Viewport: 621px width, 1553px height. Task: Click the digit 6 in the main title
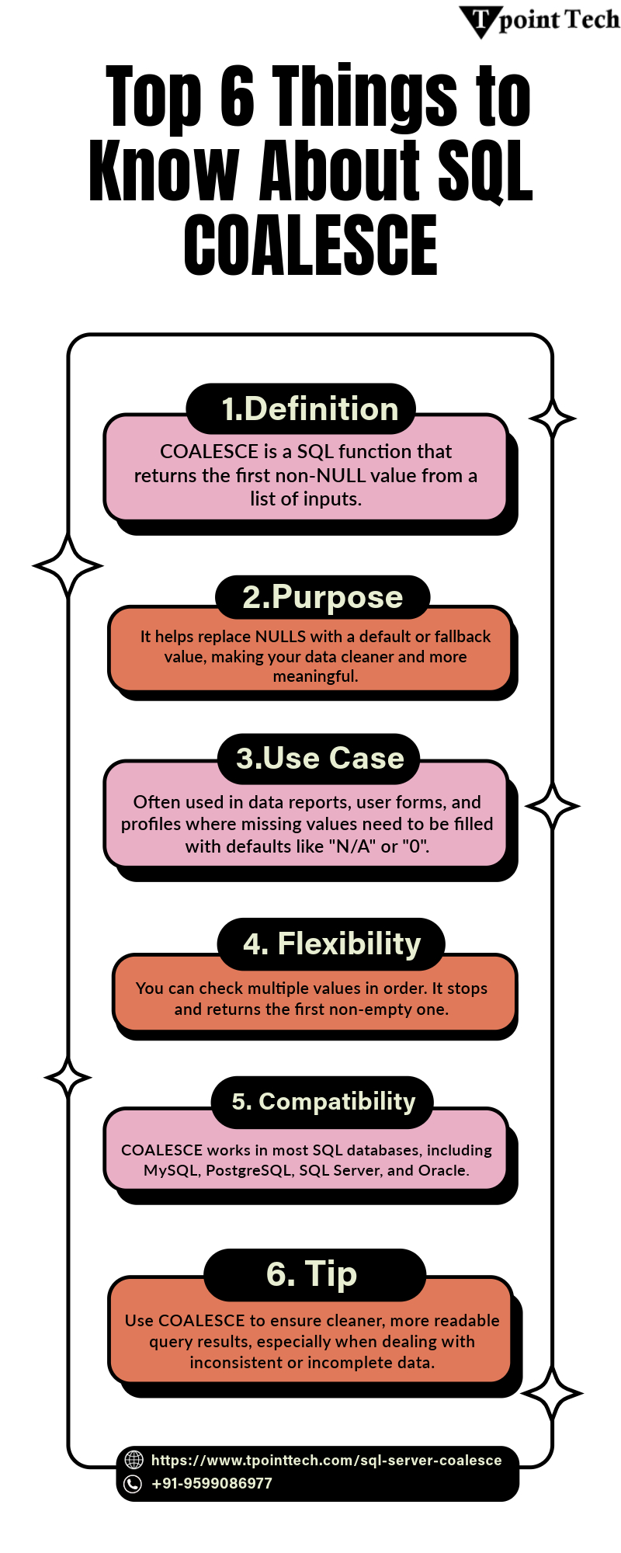pos(238,96)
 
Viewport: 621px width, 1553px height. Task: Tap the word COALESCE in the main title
pos(310,245)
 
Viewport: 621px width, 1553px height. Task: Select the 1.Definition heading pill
pos(301,408)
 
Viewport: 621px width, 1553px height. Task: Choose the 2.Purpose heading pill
pos(322,597)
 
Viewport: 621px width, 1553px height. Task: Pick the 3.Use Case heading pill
pos(318,759)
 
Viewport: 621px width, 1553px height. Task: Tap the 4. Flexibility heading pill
pos(331,944)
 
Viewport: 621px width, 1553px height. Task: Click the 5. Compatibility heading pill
pos(322,1102)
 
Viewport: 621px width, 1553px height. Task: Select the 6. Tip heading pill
pos(315,1275)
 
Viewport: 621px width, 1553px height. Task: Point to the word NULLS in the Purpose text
pos(280,637)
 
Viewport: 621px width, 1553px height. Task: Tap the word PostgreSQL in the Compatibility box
pos(248,1170)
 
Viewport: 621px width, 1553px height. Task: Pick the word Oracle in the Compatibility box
pos(444,1170)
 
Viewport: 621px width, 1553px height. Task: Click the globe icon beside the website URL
pos(134,1460)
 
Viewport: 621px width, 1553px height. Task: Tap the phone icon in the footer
pos(134,1484)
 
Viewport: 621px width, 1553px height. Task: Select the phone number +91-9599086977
pos(212,1484)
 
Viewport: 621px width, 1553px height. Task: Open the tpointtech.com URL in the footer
pos(326,1461)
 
